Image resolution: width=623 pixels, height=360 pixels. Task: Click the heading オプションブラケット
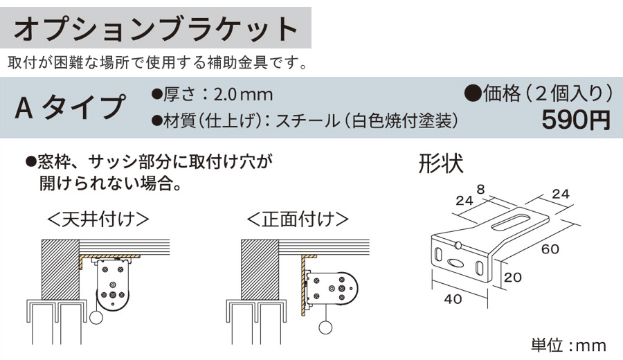click(x=156, y=29)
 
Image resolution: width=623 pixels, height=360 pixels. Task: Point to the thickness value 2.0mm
click(x=243, y=93)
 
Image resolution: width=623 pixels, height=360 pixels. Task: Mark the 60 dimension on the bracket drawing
click(x=551, y=249)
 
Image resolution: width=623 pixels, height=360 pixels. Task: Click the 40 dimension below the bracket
click(x=453, y=299)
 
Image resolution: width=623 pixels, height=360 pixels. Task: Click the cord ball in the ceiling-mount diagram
click(x=96, y=317)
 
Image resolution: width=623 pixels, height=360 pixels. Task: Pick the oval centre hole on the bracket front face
click(x=455, y=262)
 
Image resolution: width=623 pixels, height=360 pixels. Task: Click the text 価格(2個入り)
click(x=539, y=92)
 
